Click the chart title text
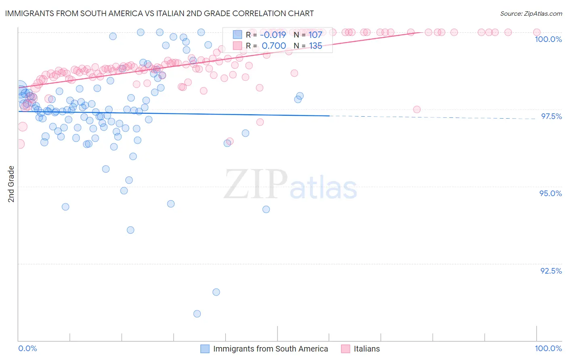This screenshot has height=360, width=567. click(159, 13)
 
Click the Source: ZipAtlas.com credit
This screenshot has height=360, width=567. click(531, 13)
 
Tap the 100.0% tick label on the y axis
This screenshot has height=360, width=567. click(548, 39)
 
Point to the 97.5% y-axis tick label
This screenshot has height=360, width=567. click(551, 116)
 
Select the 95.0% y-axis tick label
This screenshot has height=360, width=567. click(550, 193)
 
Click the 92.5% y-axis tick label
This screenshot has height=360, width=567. click(551, 271)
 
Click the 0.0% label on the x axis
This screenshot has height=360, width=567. click(27, 348)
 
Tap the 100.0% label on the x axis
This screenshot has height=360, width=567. click(548, 348)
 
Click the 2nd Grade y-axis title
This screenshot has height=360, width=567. click(11, 184)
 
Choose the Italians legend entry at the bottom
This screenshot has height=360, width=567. click(367, 349)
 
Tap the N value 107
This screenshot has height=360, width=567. click(315, 35)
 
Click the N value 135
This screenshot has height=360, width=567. click(315, 46)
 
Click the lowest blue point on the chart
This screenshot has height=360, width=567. click(197, 314)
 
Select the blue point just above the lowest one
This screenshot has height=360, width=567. click(216, 292)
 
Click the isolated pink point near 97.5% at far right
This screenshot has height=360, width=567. click(417, 109)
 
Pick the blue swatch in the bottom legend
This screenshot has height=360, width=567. click(205, 349)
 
